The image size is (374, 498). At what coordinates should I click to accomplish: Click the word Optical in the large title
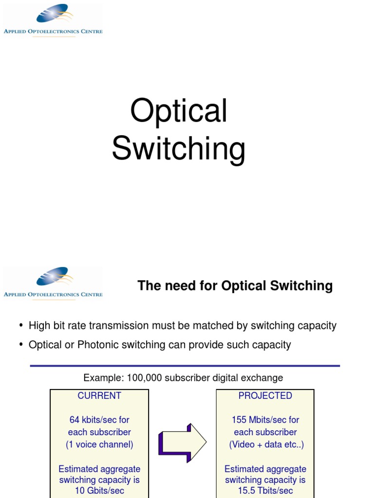click(x=179, y=111)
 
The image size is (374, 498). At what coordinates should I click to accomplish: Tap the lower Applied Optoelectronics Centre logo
click(x=53, y=283)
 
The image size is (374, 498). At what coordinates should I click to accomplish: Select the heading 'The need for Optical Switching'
click(x=235, y=285)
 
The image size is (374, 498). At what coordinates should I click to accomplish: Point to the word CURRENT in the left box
click(x=99, y=396)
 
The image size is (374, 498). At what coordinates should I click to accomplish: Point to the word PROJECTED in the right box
click(x=265, y=396)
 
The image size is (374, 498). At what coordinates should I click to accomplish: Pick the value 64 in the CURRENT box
click(x=75, y=420)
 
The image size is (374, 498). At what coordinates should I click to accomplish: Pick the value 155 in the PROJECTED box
click(x=240, y=420)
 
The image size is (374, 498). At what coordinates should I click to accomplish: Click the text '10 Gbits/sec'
click(x=99, y=491)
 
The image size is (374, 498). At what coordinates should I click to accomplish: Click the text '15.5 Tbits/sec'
click(x=265, y=491)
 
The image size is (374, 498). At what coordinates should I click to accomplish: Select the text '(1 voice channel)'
click(x=99, y=445)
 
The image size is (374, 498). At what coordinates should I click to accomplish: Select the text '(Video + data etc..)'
click(x=266, y=445)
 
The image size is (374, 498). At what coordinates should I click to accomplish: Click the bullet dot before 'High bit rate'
click(x=21, y=325)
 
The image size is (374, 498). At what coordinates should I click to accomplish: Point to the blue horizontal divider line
click(x=185, y=366)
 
